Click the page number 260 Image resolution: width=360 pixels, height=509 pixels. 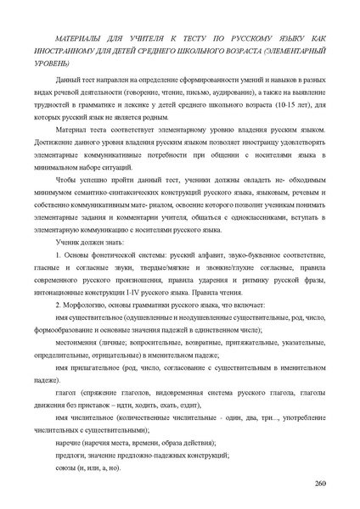pos(319,483)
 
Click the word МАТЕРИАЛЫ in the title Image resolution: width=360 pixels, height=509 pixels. pos(79,40)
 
